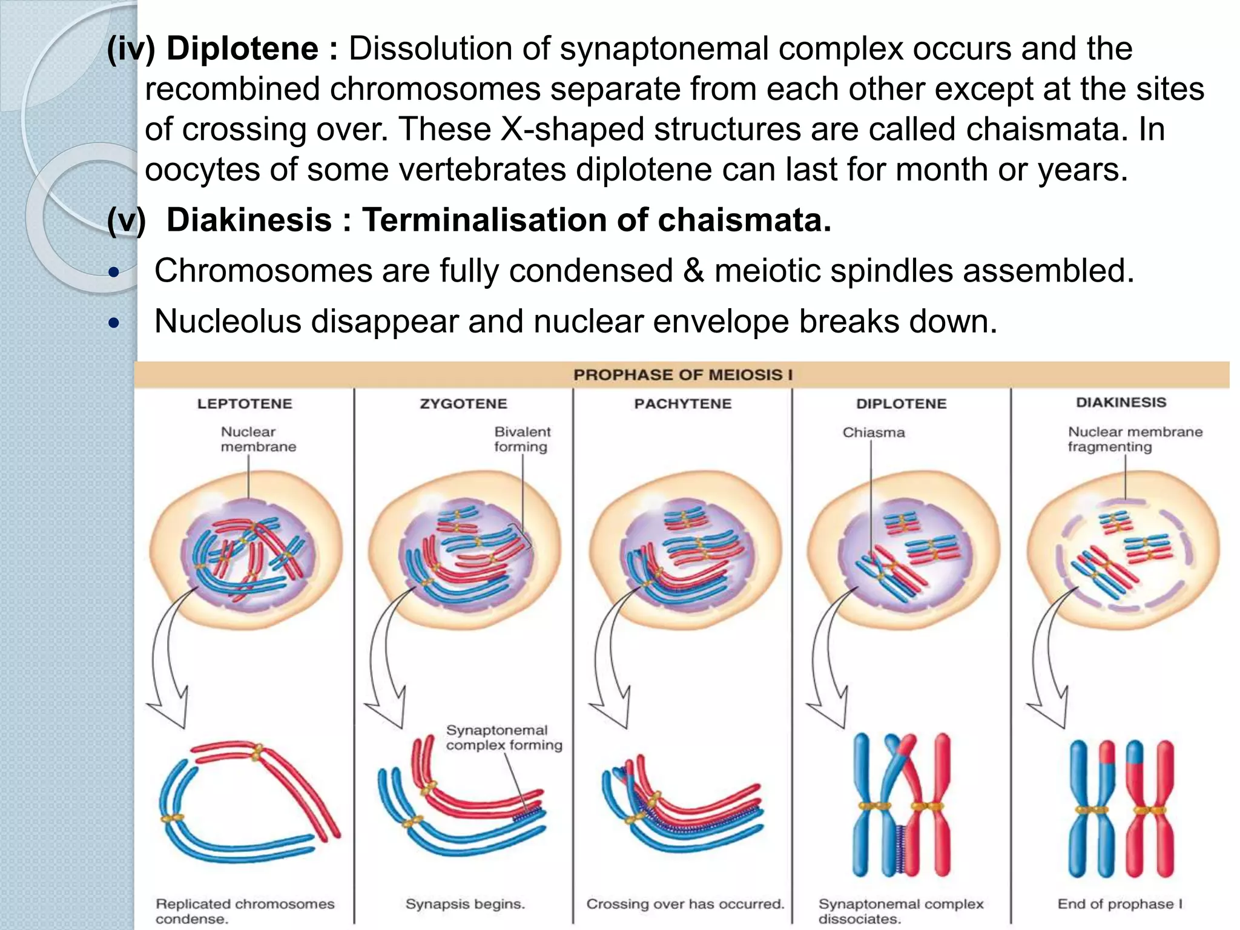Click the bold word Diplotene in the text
[x=242, y=48]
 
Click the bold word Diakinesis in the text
[x=249, y=220]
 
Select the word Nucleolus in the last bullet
[x=228, y=321]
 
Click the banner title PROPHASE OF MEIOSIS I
[x=682, y=375]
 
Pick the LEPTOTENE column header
[x=245, y=404]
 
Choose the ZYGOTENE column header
[x=463, y=404]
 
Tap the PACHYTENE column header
[x=682, y=404]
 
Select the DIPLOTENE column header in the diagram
[x=901, y=404]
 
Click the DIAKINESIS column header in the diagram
[x=1121, y=403]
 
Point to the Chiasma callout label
[x=873, y=432]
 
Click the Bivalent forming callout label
[x=522, y=439]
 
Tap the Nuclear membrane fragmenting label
[x=1135, y=439]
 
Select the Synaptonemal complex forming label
[x=504, y=737]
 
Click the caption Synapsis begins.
[x=465, y=904]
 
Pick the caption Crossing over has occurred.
[x=685, y=904]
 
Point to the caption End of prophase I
[x=1120, y=904]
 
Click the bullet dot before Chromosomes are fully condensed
[x=114, y=272]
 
